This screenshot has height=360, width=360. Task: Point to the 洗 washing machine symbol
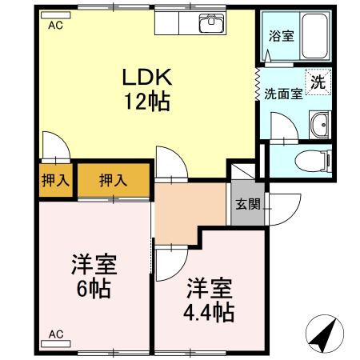point(318,82)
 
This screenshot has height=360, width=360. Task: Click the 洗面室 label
point(283,93)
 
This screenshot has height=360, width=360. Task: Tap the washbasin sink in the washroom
point(320,125)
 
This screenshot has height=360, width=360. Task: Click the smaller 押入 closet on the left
point(54,180)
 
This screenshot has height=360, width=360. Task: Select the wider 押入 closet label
point(113,180)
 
